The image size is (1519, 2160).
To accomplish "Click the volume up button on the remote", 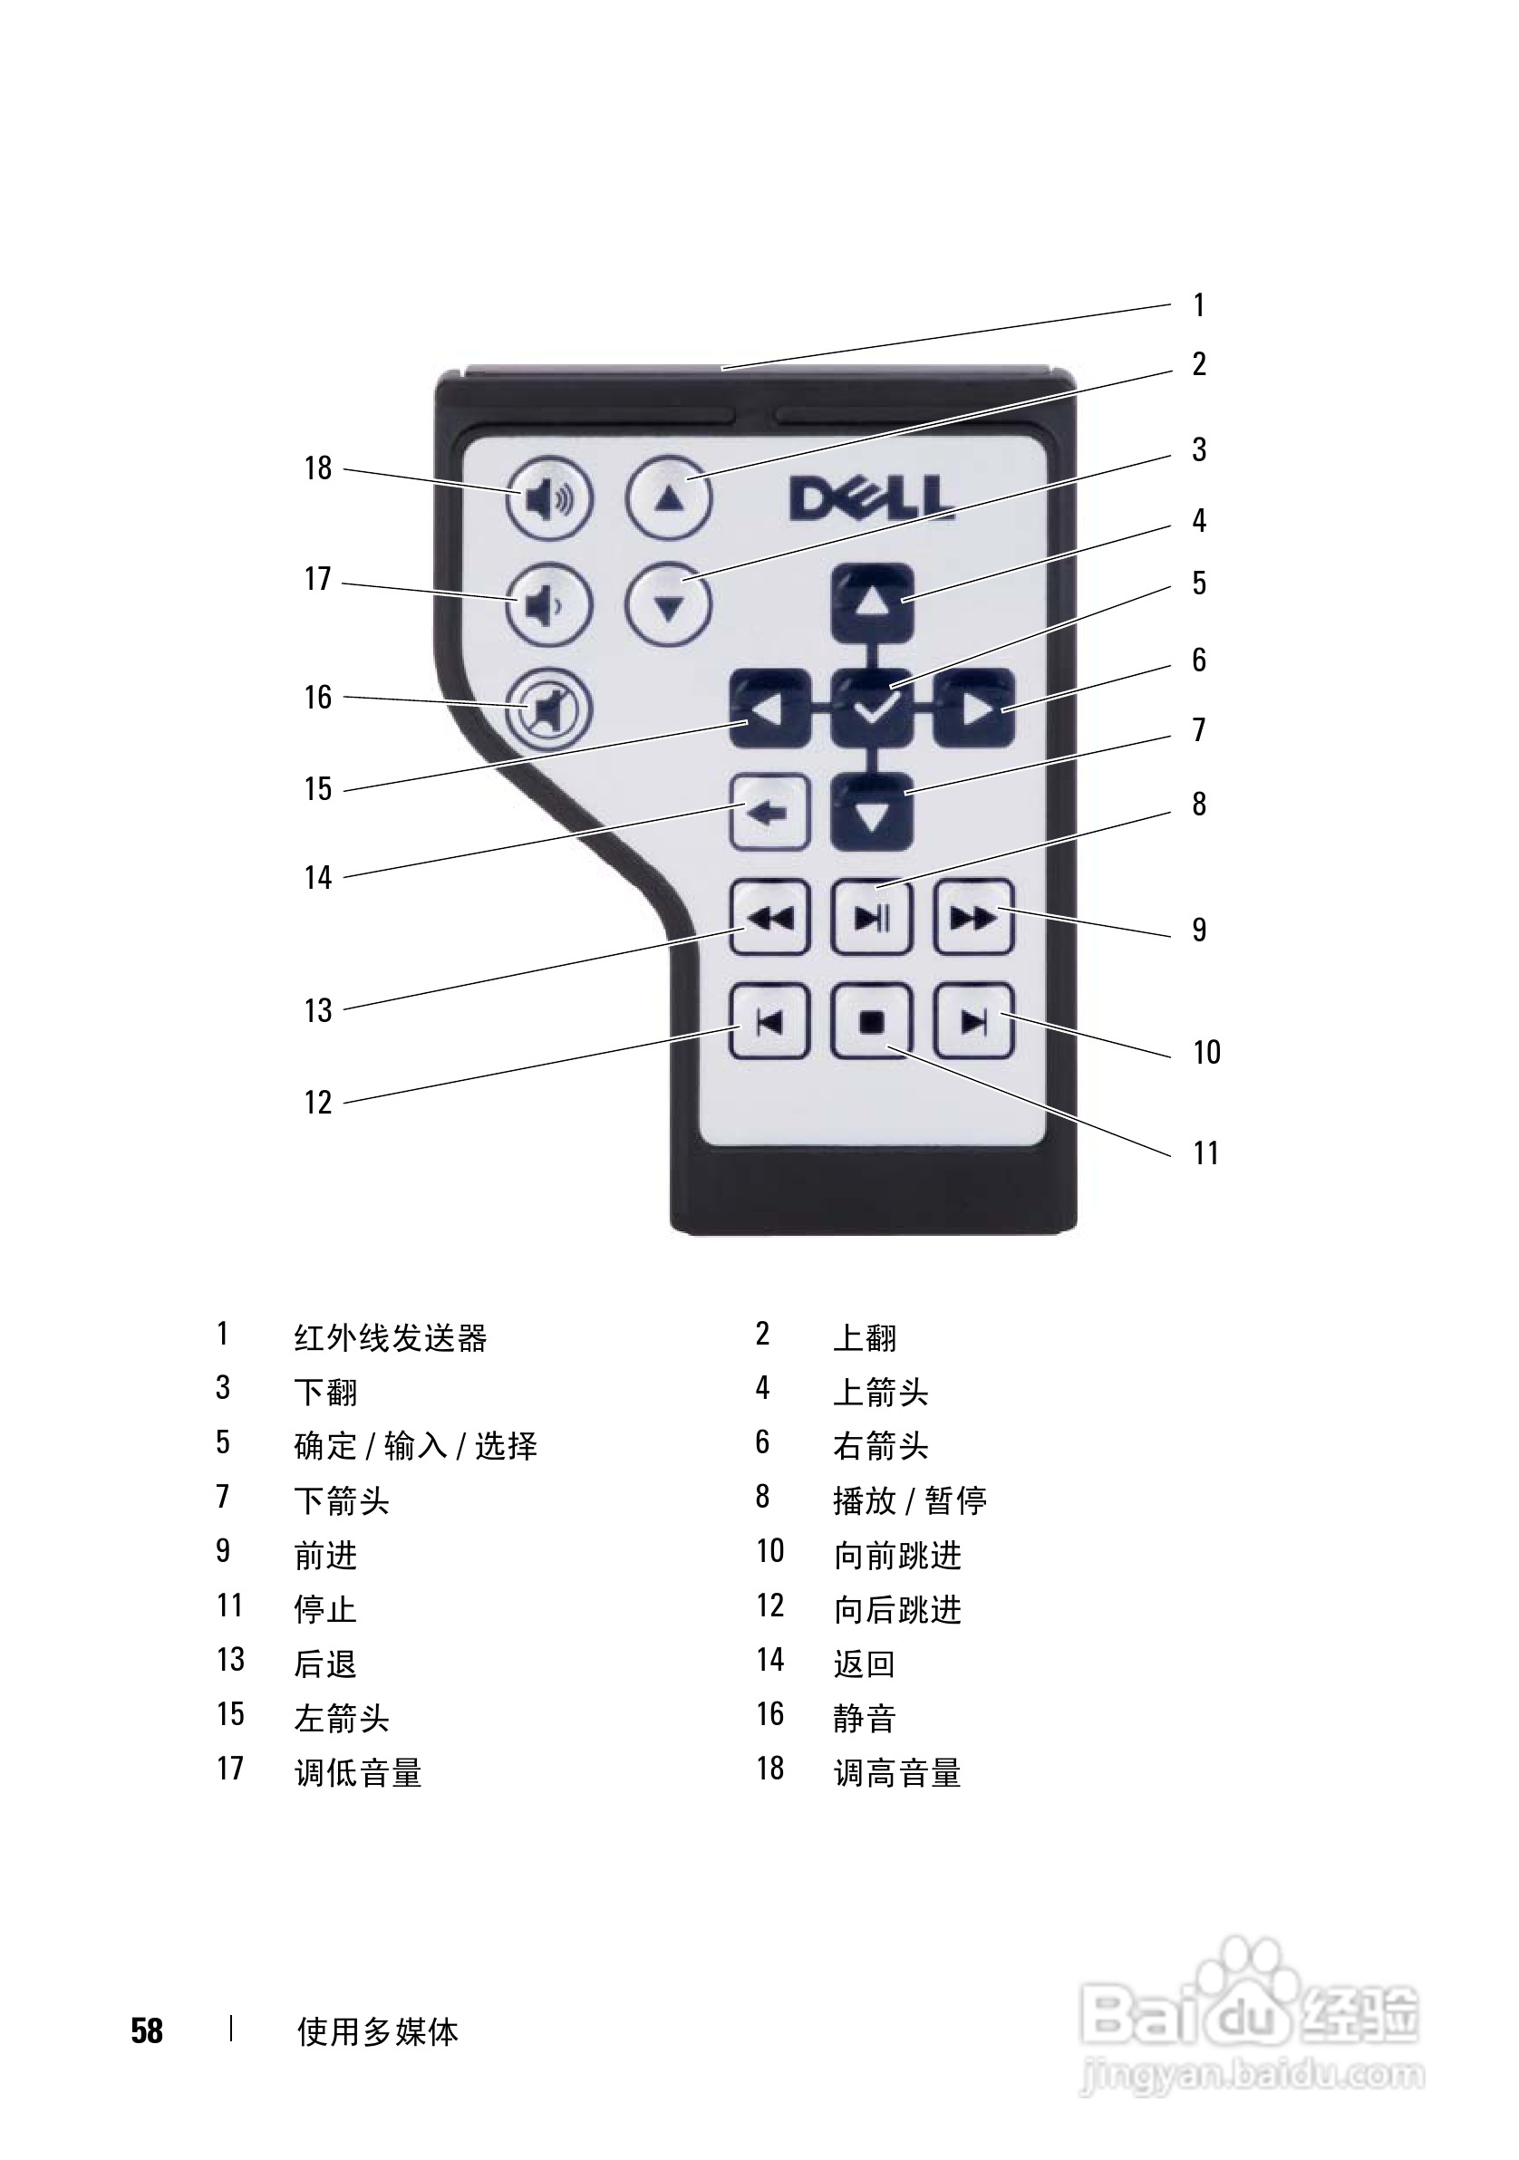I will click(548, 497).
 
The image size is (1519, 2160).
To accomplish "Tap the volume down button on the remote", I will click(548, 605).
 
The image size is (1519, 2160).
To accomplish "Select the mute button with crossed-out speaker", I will click(548, 709).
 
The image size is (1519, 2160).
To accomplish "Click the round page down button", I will click(669, 605).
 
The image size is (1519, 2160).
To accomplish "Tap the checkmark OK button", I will click(873, 709).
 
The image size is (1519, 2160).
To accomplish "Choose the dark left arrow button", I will click(769, 709).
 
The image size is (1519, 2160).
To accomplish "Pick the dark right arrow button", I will click(974, 709).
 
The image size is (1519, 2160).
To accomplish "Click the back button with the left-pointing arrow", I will click(769, 813).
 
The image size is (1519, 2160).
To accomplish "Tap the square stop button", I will click(873, 1022).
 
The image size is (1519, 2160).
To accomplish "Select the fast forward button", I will click(974, 917).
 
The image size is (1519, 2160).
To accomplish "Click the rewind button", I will click(769, 917).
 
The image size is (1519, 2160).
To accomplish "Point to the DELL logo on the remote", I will click(871, 498).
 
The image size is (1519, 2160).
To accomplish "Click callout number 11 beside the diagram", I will click(1205, 1153).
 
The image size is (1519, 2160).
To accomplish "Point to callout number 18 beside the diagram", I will click(318, 468).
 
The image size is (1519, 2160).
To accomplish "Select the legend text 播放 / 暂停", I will click(910, 1500).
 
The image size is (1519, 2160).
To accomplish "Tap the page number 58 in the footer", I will click(147, 2031).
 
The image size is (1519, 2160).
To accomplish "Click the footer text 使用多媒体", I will click(377, 2032).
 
